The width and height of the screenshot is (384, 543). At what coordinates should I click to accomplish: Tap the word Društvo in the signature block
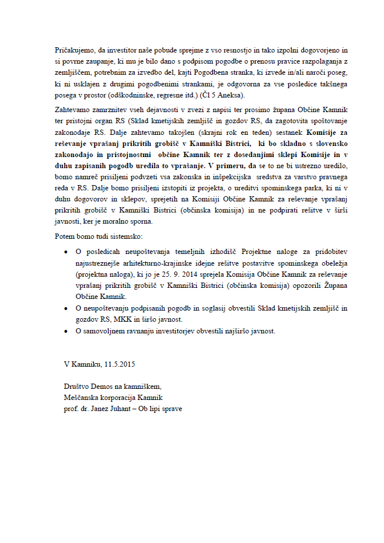pos(76,387)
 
